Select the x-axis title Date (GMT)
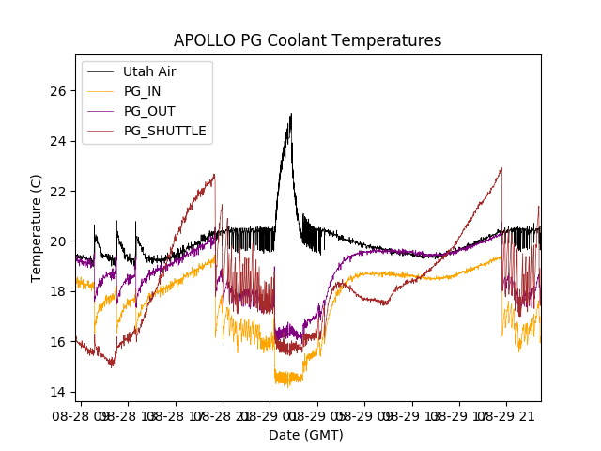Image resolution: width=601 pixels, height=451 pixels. click(x=306, y=435)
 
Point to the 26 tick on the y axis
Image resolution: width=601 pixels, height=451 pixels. click(x=59, y=91)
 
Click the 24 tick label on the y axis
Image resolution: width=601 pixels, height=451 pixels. click(x=59, y=141)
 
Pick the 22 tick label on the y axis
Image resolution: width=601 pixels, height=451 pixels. click(x=59, y=191)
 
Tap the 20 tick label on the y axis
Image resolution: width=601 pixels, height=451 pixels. click(x=59, y=241)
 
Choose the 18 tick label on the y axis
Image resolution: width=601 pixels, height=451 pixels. click(x=59, y=291)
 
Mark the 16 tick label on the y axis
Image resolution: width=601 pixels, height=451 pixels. click(x=59, y=341)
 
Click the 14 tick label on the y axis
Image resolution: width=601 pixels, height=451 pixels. click(x=59, y=392)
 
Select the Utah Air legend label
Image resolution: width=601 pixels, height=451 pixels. click(x=149, y=71)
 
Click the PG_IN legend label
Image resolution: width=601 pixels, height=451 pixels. click(x=143, y=91)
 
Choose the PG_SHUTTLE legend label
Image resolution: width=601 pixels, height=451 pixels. click(x=165, y=131)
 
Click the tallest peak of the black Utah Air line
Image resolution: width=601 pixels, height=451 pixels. click(x=291, y=114)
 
